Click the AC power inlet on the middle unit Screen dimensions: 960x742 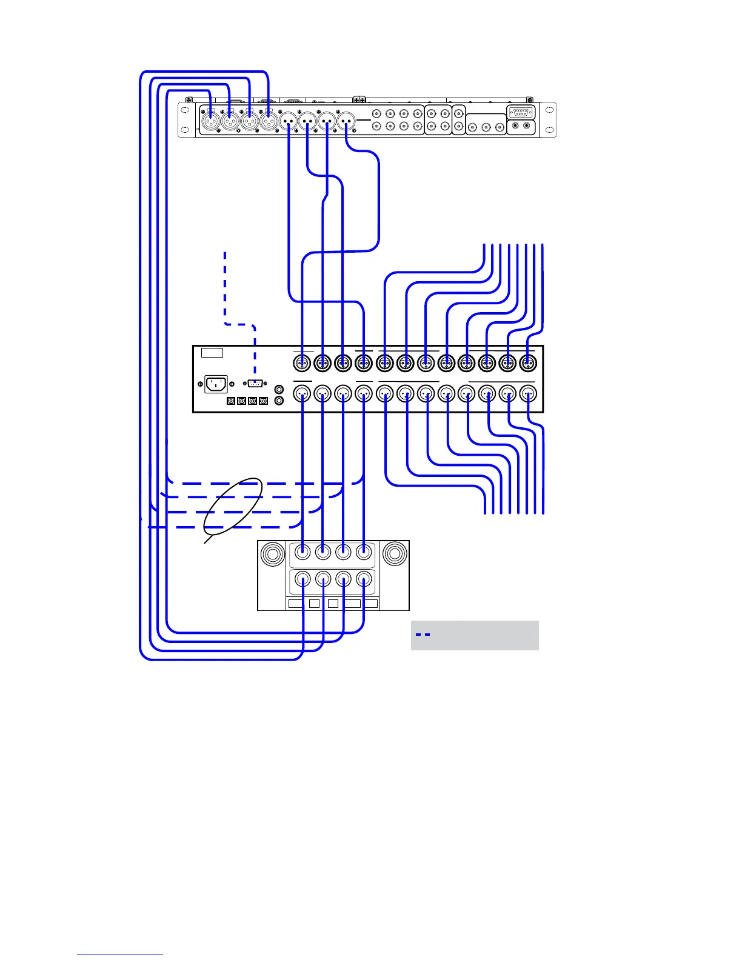[x=216, y=384]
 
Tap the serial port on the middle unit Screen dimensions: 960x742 [x=255, y=384]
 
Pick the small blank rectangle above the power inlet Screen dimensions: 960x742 [x=212, y=353]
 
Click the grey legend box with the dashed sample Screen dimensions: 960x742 [x=475, y=635]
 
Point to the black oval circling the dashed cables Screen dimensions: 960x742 [x=233, y=510]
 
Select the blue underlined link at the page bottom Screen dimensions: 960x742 [x=120, y=955]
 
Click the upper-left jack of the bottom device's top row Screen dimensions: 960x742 [x=302, y=552]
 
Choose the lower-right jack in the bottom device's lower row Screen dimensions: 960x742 [x=364, y=579]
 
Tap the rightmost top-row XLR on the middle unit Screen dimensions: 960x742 [x=528, y=364]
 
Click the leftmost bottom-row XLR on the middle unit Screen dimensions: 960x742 [x=302, y=394]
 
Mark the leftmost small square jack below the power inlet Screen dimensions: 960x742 [x=231, y=401]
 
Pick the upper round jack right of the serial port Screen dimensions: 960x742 [x=279, y=390]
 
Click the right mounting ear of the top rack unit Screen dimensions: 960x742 [x=549, y=120]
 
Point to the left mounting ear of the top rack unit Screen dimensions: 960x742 [x=184, y=120]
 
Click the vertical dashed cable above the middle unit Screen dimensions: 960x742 [x=225, y=285]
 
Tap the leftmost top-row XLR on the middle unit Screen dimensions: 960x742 [x=302, y=364]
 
